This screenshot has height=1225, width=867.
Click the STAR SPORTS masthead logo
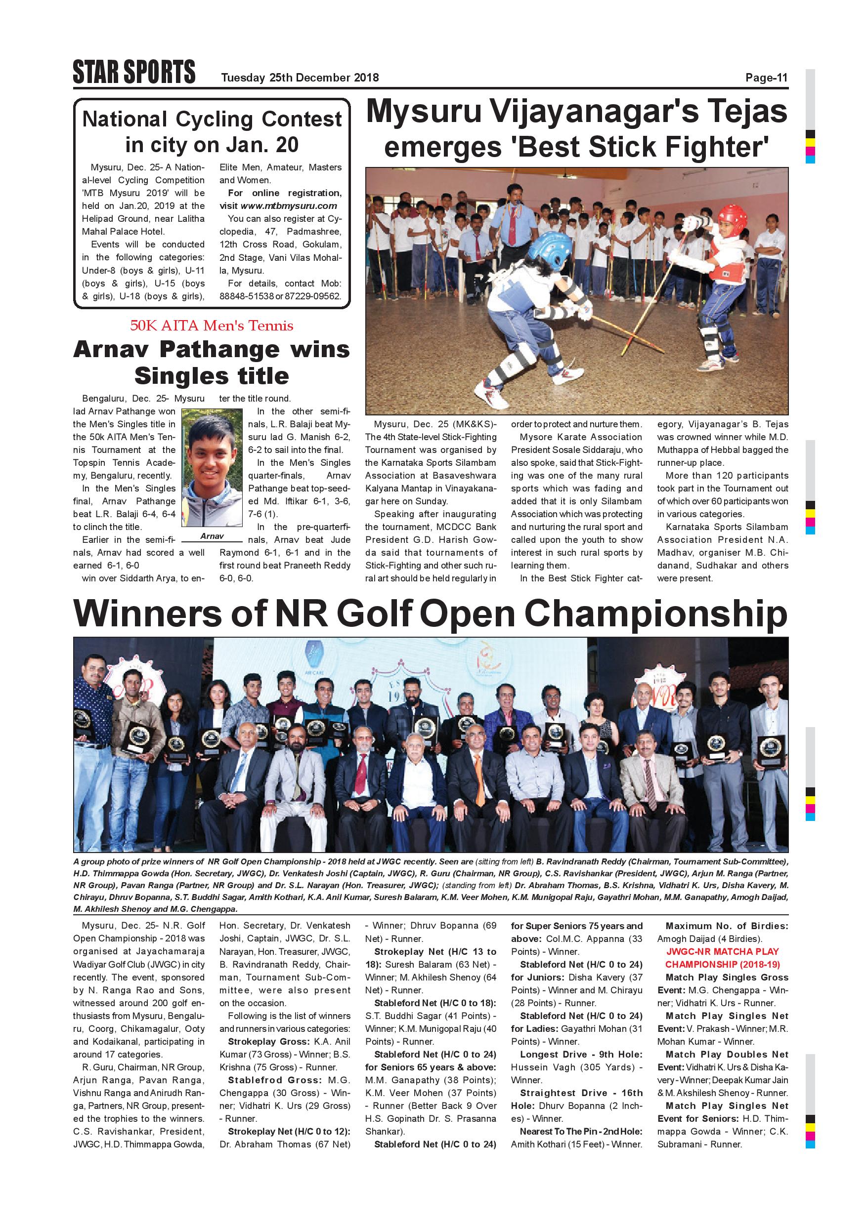point(134,73)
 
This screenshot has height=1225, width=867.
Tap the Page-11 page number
point(766,78)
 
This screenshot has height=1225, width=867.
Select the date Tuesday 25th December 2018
point(300,78)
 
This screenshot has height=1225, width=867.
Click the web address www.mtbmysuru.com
point(289,206)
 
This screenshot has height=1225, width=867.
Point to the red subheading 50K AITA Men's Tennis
point(212,326)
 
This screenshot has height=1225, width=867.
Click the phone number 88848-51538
point(246,296)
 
